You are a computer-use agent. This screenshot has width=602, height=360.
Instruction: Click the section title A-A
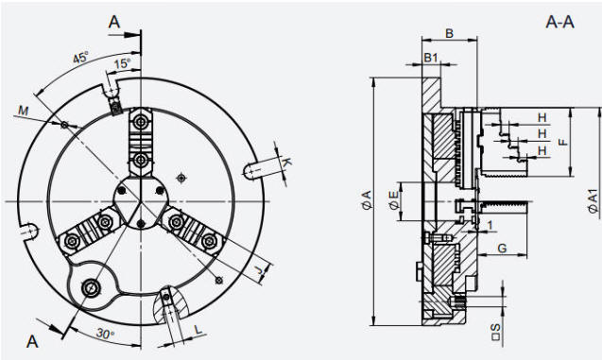point(559,22)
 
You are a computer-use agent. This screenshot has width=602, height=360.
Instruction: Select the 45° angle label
point(80,58)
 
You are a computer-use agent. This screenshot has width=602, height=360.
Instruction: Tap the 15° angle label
point(123,63)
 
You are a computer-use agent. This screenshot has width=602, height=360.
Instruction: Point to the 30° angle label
point(105,334)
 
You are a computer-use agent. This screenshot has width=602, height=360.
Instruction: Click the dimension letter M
point(24,111)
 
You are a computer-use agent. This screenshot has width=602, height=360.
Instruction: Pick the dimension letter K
point(286,163)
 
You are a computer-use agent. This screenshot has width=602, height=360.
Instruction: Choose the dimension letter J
point(262,270)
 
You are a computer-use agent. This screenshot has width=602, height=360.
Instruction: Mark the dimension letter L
point(198,330)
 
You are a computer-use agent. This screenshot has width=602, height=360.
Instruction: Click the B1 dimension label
point(431,58)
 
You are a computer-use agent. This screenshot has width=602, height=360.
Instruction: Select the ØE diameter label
point(393,200)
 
